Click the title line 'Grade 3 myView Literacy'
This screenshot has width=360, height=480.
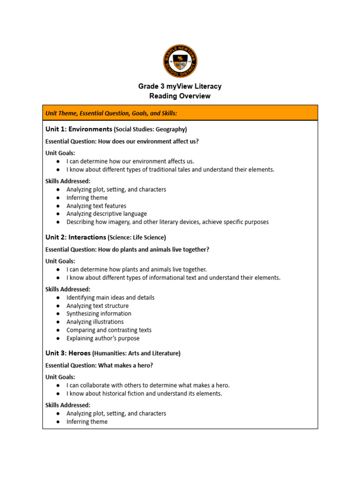pyautogui.click(x=180, y=86)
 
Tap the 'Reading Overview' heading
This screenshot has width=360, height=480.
pyautogui.click(x=180, y=96)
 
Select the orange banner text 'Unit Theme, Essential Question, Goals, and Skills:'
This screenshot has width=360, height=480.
pyautogui.click(x=111, y=113)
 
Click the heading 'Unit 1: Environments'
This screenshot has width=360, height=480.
pyautogui.click(x=79, y=129)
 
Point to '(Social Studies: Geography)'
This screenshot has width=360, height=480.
pyautogui.click(x=150, y=129)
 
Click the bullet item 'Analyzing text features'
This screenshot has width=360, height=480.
pyautogui.click(x=96, y=206)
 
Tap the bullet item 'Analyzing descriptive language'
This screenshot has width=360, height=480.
pyautogui.click(x=106, y=214)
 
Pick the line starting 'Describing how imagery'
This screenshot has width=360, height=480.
pyautogui.click(x=167, y=222)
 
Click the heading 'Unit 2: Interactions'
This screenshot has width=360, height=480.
pyautogui.click(x=75, y=237)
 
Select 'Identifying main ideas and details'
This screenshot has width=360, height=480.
pyautogui.click(x=110, y=298)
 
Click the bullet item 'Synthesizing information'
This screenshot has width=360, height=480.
pyautogui.click(x=99, y=314)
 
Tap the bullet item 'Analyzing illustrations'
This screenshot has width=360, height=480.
pyautogui.click(x=95, y=322)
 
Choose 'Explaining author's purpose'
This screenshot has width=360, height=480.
pyautogui.click(x=103, y=338)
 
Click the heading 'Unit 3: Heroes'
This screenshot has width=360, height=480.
pyautogui.click(x=67, y=353)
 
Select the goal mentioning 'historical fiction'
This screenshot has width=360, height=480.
pyautogui.click(x=144, y=394)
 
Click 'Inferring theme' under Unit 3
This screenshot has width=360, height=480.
pyautogui.click(x=87, y=422)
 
